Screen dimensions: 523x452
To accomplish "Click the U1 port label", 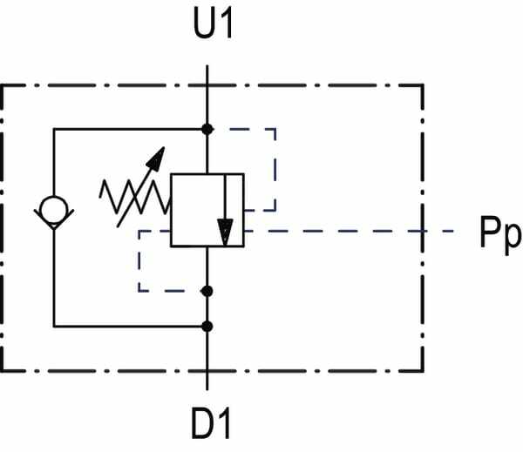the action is [213, 24].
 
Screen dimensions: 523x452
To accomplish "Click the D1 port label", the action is [211, 424].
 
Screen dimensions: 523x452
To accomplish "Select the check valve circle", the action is [53, 209].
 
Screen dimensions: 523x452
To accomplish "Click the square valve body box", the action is [207, 210].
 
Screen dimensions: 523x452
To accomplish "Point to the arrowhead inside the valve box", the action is [225, 232].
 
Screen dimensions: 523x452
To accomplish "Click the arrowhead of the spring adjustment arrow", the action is [157, 158].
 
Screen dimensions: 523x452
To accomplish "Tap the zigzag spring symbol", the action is [135, 197].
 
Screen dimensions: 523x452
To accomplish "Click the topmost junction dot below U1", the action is [207, 129].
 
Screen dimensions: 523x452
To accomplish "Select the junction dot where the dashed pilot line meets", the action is [207, 291].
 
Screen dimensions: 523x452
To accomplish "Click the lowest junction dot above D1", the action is [207, 327].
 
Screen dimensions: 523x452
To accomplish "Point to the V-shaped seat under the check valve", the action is [54, 219].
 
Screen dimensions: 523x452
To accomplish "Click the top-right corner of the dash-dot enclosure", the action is [423, 85].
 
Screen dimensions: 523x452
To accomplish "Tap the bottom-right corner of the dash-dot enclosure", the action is [423, 370].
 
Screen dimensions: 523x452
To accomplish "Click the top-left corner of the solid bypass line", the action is [54, 129].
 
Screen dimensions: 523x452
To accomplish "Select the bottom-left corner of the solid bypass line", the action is [54, 327].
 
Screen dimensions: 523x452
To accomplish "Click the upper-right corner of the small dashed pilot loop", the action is [275, 129].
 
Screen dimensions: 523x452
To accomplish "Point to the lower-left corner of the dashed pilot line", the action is [139, 291].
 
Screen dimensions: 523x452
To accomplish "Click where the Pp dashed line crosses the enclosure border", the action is [423, 231].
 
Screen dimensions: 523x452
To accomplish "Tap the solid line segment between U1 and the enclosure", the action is [207, 75].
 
